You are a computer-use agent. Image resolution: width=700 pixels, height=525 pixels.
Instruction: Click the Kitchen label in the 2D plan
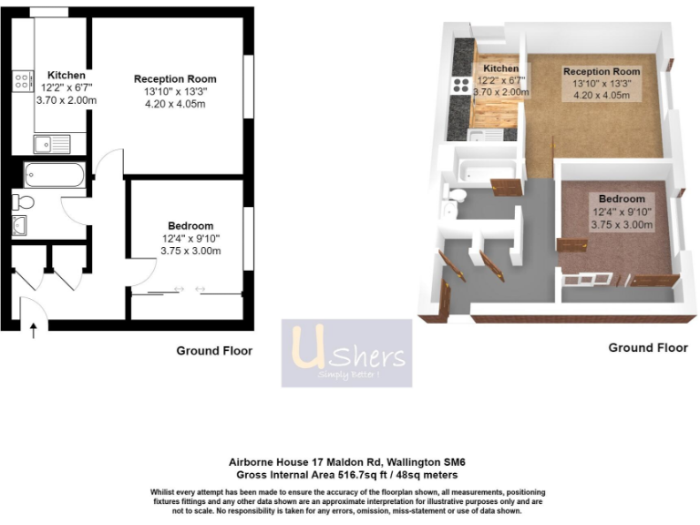[x=67, y=75]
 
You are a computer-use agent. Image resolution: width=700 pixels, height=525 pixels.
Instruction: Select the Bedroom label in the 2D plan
[x=190, y=226]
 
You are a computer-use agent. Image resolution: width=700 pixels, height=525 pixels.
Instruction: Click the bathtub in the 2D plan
[x=55, y=173]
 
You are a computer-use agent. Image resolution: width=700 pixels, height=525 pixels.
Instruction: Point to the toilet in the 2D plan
[x=23, y=201]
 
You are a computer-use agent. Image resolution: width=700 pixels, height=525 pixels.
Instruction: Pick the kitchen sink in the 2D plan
[x=52, y=143]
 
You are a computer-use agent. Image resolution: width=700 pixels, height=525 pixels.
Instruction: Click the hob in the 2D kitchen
[x=21, y=81]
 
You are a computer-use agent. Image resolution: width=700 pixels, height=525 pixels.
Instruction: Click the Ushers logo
[x=346, y=353]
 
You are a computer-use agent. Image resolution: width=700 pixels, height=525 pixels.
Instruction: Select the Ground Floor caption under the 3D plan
[x=648, y=347]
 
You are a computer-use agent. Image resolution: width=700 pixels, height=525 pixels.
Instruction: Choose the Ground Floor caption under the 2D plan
[x=213, y=351]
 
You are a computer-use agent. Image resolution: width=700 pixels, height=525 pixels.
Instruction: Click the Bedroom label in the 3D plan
[x=622, y=199]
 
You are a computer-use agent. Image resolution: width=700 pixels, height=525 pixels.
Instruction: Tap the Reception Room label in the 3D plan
[x=602, y=71]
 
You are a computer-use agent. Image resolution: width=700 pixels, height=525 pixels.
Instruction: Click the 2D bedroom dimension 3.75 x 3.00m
[x=190, y=252]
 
